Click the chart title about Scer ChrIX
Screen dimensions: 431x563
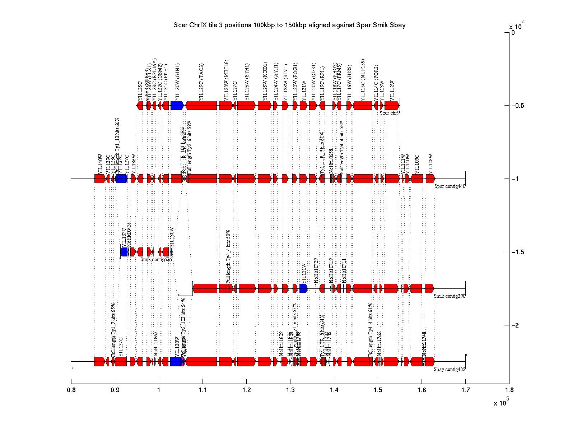coord(289,25)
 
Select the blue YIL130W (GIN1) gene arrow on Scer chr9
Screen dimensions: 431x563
coord(177,105)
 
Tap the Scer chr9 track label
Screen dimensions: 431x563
coord(389,113)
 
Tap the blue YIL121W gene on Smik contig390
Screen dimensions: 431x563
coord(303,288)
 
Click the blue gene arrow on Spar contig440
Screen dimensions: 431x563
coord(121,179)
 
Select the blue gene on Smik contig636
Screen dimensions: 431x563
coord(124,252)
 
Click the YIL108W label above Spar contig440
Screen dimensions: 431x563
coord(431,163)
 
